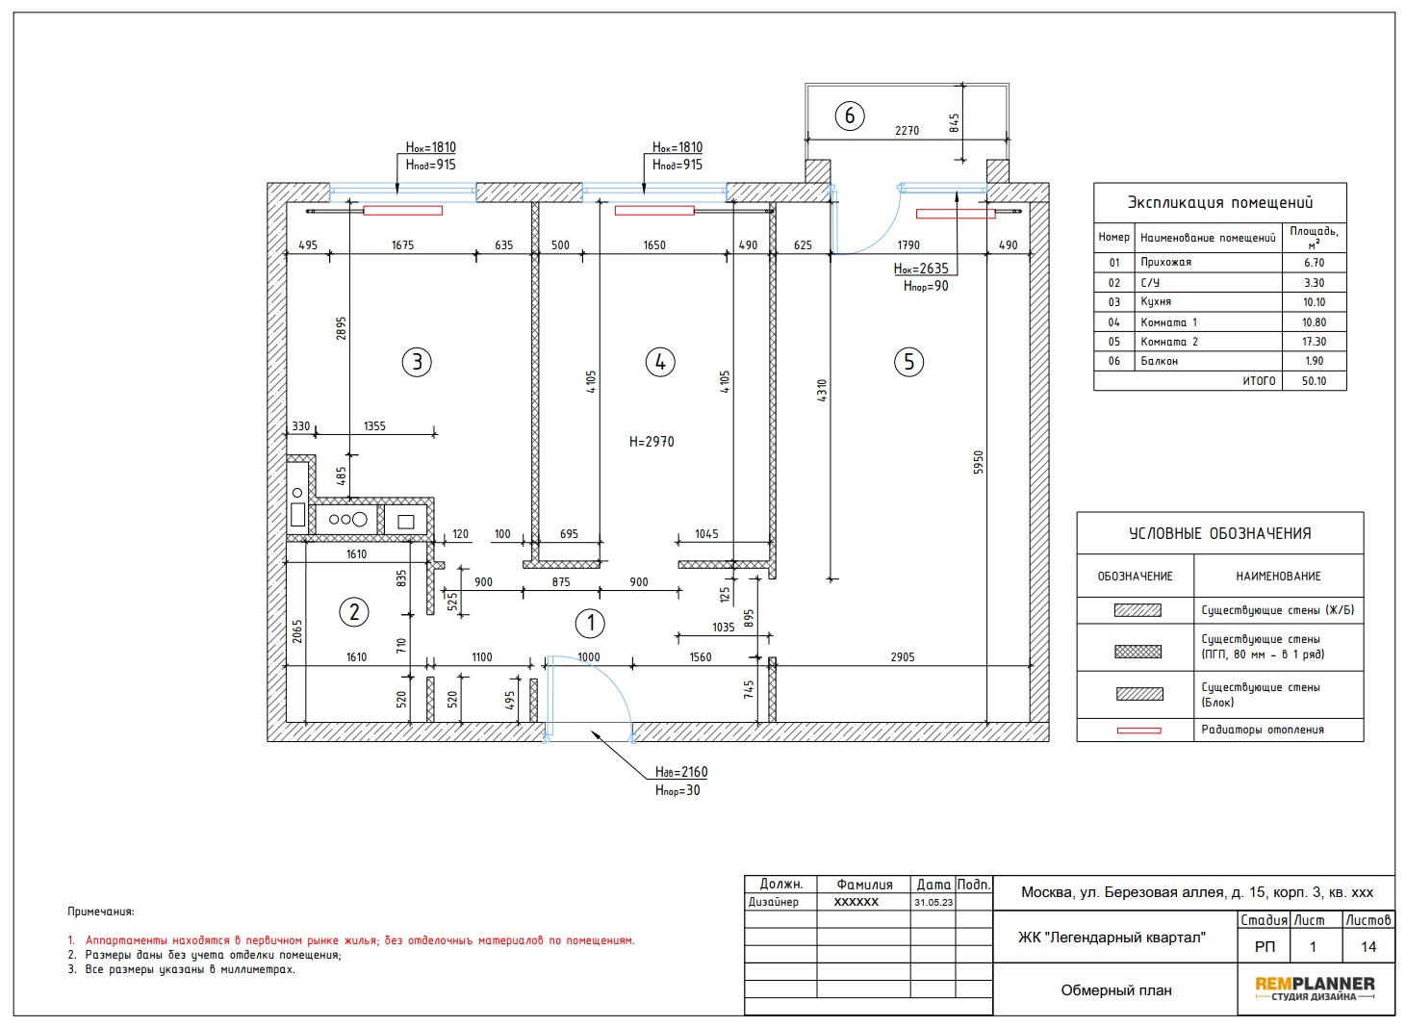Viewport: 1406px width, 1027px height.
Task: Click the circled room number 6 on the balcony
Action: click(849, 116)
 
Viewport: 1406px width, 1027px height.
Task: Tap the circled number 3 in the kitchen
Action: click(417, 362)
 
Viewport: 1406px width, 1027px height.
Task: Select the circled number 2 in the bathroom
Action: click(354, 612)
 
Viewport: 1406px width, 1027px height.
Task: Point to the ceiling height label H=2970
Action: click(652, 442)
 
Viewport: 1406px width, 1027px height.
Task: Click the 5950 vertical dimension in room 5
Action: click(979, 463)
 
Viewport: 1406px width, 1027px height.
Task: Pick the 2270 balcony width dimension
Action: click(907, 131)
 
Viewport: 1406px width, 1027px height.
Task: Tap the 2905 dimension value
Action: click(903, 657)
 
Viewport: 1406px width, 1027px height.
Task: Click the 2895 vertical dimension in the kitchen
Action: click(341, 328)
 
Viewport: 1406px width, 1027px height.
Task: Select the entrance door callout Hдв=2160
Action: click(681, 772)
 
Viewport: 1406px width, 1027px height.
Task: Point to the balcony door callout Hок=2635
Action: click(921, 269)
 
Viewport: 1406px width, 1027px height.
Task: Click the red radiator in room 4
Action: click(654, 211)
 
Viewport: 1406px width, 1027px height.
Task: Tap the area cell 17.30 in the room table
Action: click(1314, 342)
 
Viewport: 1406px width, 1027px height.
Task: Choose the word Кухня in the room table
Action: click(1156, 301)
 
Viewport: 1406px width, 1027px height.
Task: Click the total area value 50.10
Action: click(1314, 380)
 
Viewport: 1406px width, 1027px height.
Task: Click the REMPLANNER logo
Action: click(1315, 988)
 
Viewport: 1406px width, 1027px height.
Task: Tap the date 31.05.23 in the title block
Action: click(933, 902)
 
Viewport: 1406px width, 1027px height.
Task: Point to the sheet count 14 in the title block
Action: click(1368, 947)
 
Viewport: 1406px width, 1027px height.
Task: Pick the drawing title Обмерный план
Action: click(1116, 990)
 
